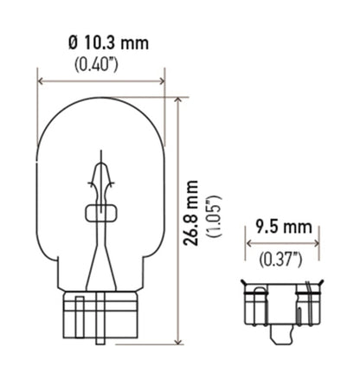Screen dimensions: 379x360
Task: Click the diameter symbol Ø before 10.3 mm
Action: coord(71,41)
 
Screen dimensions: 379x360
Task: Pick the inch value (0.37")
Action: coord(283,257)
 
